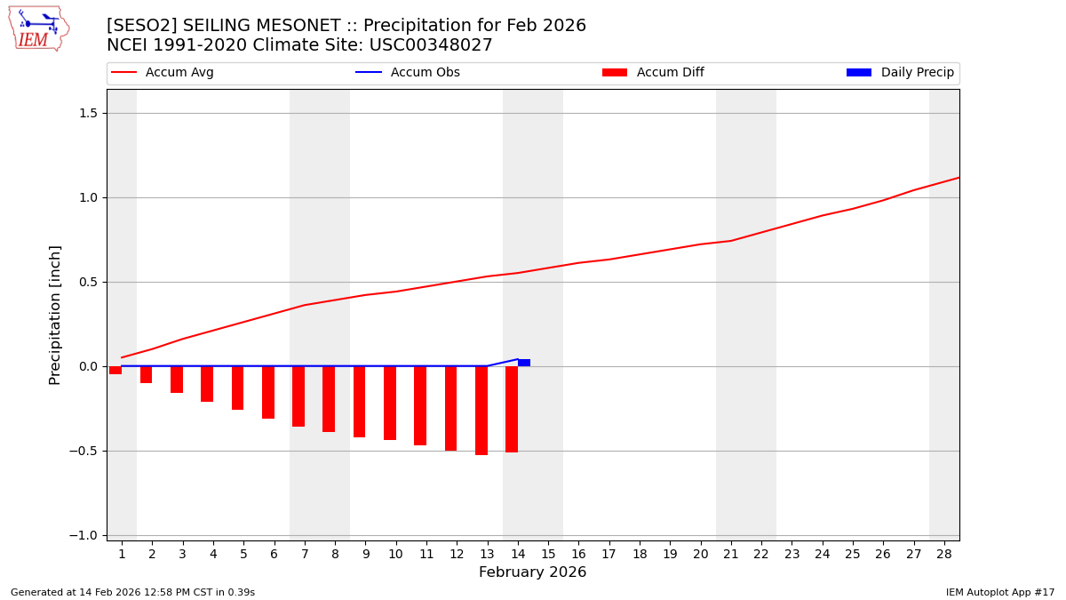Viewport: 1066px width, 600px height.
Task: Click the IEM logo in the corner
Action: point(38,28)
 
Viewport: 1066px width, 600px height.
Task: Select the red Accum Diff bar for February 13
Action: point(481,410)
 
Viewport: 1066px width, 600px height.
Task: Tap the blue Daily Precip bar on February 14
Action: point(524,363)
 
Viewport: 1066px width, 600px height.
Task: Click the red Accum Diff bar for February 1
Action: point(115,370)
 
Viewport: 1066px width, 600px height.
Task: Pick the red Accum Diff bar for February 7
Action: point(298,396)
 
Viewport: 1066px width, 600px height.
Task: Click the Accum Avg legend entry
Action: point(163,73)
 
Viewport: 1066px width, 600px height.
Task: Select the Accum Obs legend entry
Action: point(409,73)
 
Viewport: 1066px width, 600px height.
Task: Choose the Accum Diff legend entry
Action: point(654,73)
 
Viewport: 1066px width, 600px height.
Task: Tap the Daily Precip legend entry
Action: point(901,73)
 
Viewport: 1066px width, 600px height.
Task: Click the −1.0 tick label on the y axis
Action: point(88,535)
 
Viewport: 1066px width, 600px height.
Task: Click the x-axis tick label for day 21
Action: point(731,554)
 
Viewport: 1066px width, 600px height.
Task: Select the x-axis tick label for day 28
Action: point(944,554)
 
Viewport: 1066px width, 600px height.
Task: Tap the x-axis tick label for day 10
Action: point(395,554)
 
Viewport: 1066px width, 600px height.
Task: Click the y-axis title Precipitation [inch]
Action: point(55,315)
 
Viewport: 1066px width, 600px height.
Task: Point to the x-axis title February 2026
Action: point(532,572)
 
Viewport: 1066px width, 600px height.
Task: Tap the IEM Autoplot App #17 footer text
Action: point(999,592)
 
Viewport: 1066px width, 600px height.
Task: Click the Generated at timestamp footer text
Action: point(132,592)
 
